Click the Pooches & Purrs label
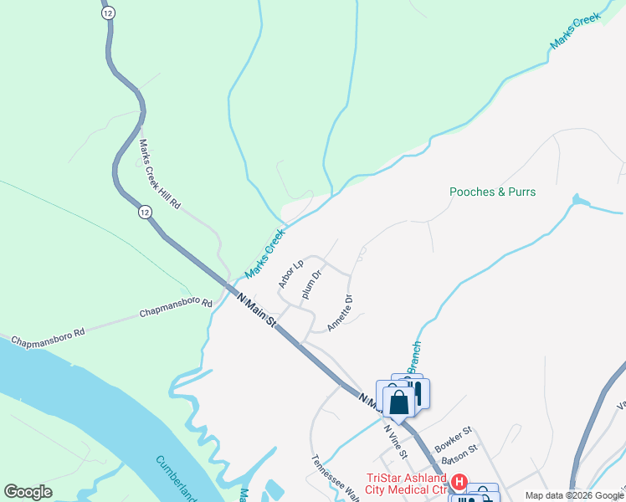(492, 192)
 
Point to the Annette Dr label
(341, 313)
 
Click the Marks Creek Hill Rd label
(160, 174)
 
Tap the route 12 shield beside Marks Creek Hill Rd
(146, 213)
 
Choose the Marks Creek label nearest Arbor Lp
(264, 254)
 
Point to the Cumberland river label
(176, 478)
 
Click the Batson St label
(462, 452)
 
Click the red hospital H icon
(459, 482)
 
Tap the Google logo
(28, 492)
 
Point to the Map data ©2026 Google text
(574, 495)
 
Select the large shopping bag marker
(400, 402)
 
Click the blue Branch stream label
(413, 357)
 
